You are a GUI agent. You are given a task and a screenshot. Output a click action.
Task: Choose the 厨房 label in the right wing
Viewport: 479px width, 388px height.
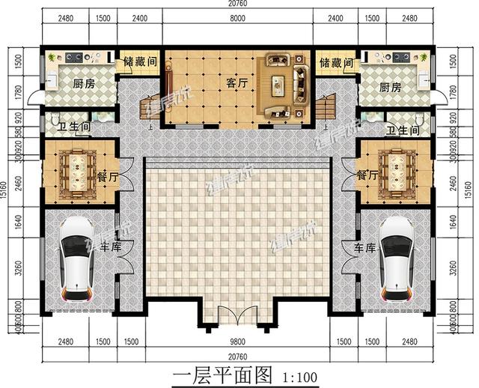[x=391, y=88]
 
